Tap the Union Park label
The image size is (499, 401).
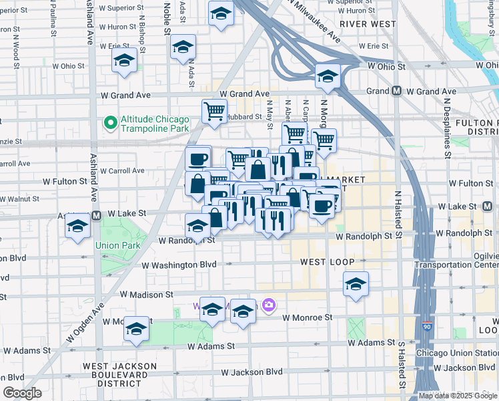tap(117, 245)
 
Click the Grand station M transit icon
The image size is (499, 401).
tap(396, 91)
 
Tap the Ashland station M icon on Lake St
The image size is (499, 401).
tap(96, 215)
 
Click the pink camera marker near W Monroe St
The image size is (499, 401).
tap(269, 306)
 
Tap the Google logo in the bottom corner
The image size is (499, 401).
tap(22, 393)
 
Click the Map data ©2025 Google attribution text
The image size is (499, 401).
tap(458, 396)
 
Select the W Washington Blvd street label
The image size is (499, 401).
tap(179, 265)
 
